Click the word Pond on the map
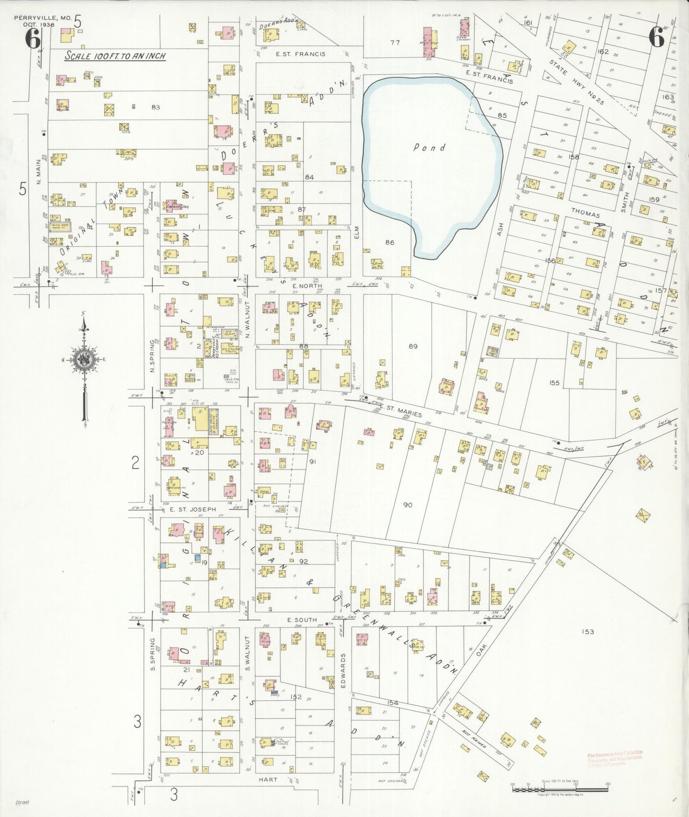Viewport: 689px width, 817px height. pyautogui.click(x=429, y=147)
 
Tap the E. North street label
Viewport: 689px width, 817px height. pyautogui.click(x=307, y=286)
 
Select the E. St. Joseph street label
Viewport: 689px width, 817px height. pyautogui.click(x=193, y=510)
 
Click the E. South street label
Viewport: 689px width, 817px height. pyautogui.click(x=302, y=620)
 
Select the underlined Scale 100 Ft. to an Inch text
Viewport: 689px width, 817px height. pyautogui.click(x=115, y=56)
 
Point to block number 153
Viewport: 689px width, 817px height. pyautogui.click(x=587, y=632)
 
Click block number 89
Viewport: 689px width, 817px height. pyautogui.click(x=413, y=346)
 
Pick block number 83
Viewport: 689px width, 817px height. pyautogui.click(x=155, y=107)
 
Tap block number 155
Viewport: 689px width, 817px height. pyautogui.click(x=554, y=383)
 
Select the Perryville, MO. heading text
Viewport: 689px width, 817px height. pyautogui.click(x=42, y=18)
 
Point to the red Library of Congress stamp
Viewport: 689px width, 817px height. pyautogui.click(x=615, y=758)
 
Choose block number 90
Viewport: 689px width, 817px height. pyautogui.click(x=407, y=505)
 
